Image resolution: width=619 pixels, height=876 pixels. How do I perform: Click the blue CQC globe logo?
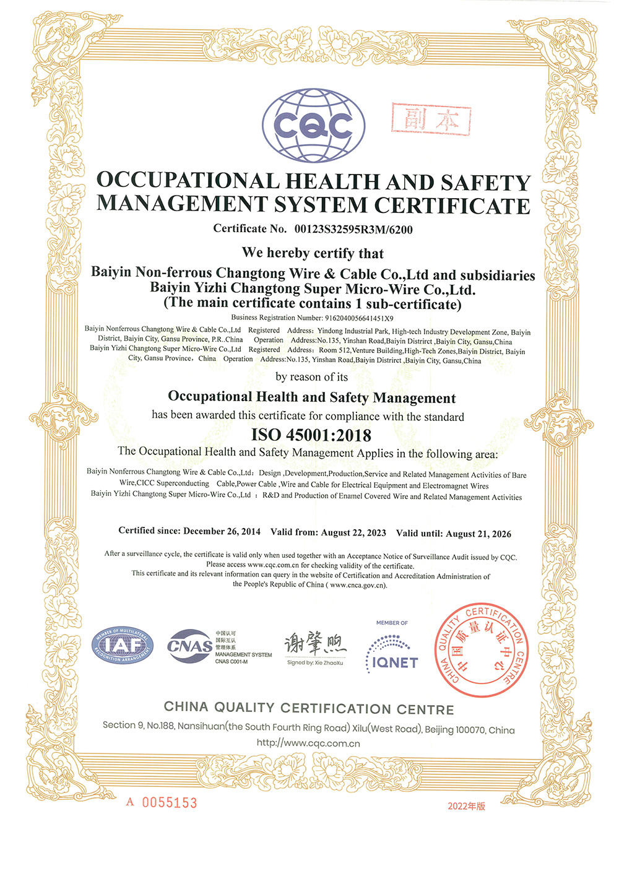pos(313,126)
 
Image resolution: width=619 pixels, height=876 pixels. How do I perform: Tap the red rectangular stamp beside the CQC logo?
pos(431,119)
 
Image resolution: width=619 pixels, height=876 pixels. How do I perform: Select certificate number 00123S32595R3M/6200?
pos(353,230)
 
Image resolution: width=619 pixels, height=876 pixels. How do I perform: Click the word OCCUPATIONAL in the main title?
pos(188,181)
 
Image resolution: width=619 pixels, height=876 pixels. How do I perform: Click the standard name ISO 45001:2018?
pos(311,435)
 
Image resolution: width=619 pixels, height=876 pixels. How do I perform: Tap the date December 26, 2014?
pos(222,531)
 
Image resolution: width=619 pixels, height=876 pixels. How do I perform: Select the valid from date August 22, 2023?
pos(353,532)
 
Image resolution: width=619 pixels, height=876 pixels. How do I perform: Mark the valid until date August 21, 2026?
pos(478,534)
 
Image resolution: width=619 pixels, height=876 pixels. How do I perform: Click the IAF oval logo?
pos(123,646)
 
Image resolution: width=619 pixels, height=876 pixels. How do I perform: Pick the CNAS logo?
pos(190,646)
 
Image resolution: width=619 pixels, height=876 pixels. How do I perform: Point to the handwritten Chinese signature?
pos(315,644)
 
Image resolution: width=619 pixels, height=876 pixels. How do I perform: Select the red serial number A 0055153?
pos(162,803)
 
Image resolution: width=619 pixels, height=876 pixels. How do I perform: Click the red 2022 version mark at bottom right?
pos(466,806)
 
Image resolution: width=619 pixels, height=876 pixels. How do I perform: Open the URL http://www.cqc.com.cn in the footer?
pos(308,744)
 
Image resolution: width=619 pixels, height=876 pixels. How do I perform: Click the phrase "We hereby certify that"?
pos(313,253)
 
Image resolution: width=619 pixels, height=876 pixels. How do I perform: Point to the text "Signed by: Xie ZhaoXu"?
pos(315,662)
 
